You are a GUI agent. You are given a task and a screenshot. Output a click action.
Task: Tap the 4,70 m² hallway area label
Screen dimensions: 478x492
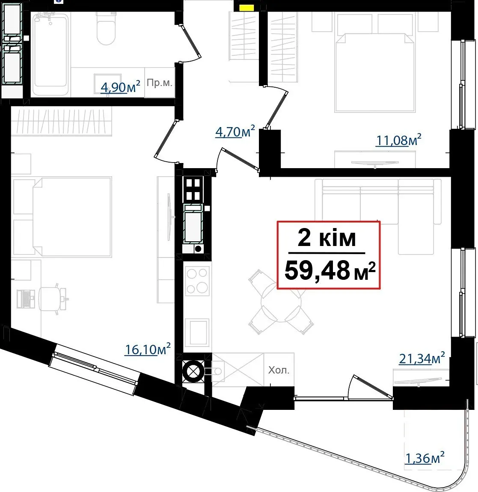pos(235,131)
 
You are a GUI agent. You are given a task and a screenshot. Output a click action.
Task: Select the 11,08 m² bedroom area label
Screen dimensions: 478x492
pos(398,140)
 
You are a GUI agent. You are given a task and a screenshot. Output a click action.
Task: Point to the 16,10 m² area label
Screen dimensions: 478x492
pos(148,349)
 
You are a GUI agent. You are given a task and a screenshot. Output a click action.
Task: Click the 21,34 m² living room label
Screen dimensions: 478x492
pos(422,359)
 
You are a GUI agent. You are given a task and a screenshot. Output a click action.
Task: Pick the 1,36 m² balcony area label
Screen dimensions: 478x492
pos(425,458)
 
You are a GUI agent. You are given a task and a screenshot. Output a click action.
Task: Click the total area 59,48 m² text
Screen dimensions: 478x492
pos(330,270)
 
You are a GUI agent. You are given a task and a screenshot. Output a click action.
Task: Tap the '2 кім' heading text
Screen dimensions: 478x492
pos(327,238)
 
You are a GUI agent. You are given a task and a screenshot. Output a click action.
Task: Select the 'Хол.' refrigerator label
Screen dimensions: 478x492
pos(279,370)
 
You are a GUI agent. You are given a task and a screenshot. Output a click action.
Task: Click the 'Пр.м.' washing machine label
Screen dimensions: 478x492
pos(160,83)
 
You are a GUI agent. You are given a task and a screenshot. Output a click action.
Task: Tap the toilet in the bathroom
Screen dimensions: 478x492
pos(106,29)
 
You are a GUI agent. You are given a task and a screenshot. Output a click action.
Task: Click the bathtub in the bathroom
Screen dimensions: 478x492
pos(50,51)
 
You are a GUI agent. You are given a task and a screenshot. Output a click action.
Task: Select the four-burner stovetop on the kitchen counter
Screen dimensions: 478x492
pos(197,281)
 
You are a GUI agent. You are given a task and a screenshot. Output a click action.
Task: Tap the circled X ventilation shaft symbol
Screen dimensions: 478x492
pos(193,371)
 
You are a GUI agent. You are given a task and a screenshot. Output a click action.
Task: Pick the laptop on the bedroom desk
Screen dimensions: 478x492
pos(27,298)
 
